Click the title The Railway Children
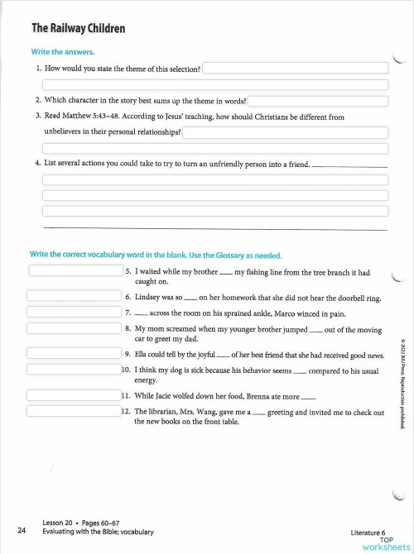(x=78, y=29)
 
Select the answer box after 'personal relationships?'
(x=285, y=132)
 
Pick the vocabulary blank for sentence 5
(x=75, y=270)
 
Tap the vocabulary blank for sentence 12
(x=74, y=411)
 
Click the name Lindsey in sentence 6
(x=148, y=296)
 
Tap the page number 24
(x=21, y=530)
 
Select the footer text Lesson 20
(x=59, y=524)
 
